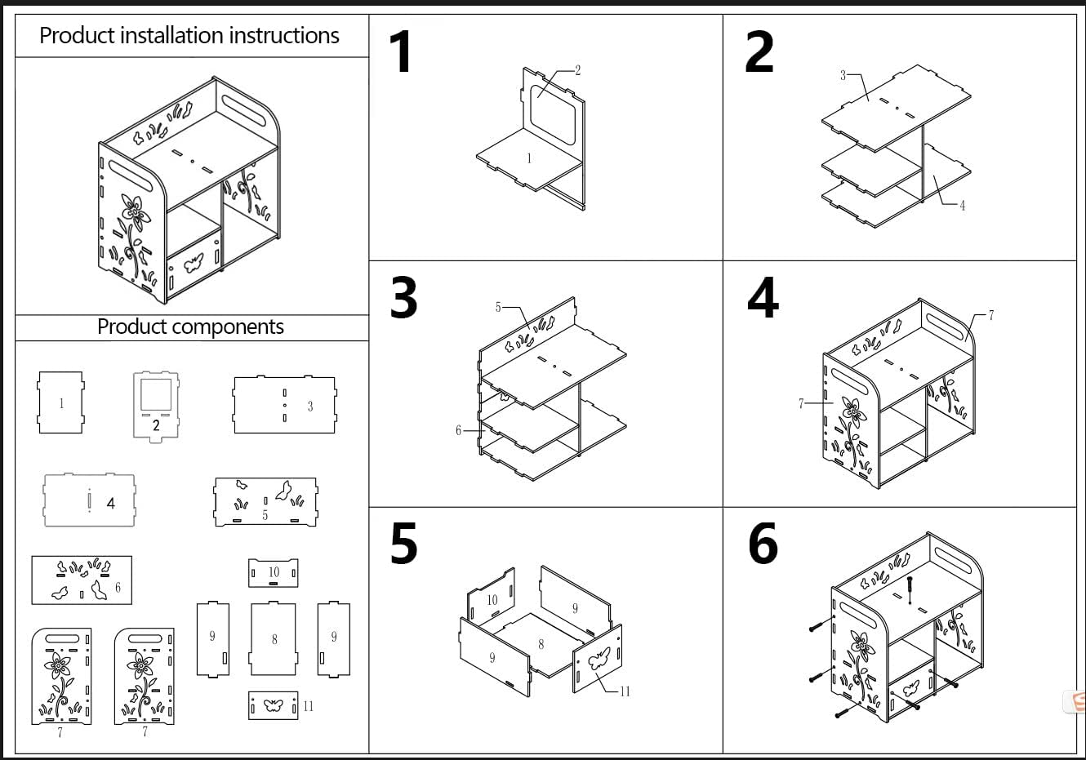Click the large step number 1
point(401,51)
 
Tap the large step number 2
point(759,51)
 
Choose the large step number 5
point(403,543)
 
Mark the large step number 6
point(763,543)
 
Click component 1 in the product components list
point(60,402)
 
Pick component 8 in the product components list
point(274,639)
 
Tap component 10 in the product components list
point(274,573)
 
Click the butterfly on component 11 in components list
point(273,704)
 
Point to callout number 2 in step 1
point(577,70)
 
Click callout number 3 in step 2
point(843,75)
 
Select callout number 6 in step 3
point(458,430)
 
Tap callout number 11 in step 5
point(625,691)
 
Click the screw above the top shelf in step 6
point(910,589)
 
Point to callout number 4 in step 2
point(963,206)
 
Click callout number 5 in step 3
point(498,307)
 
